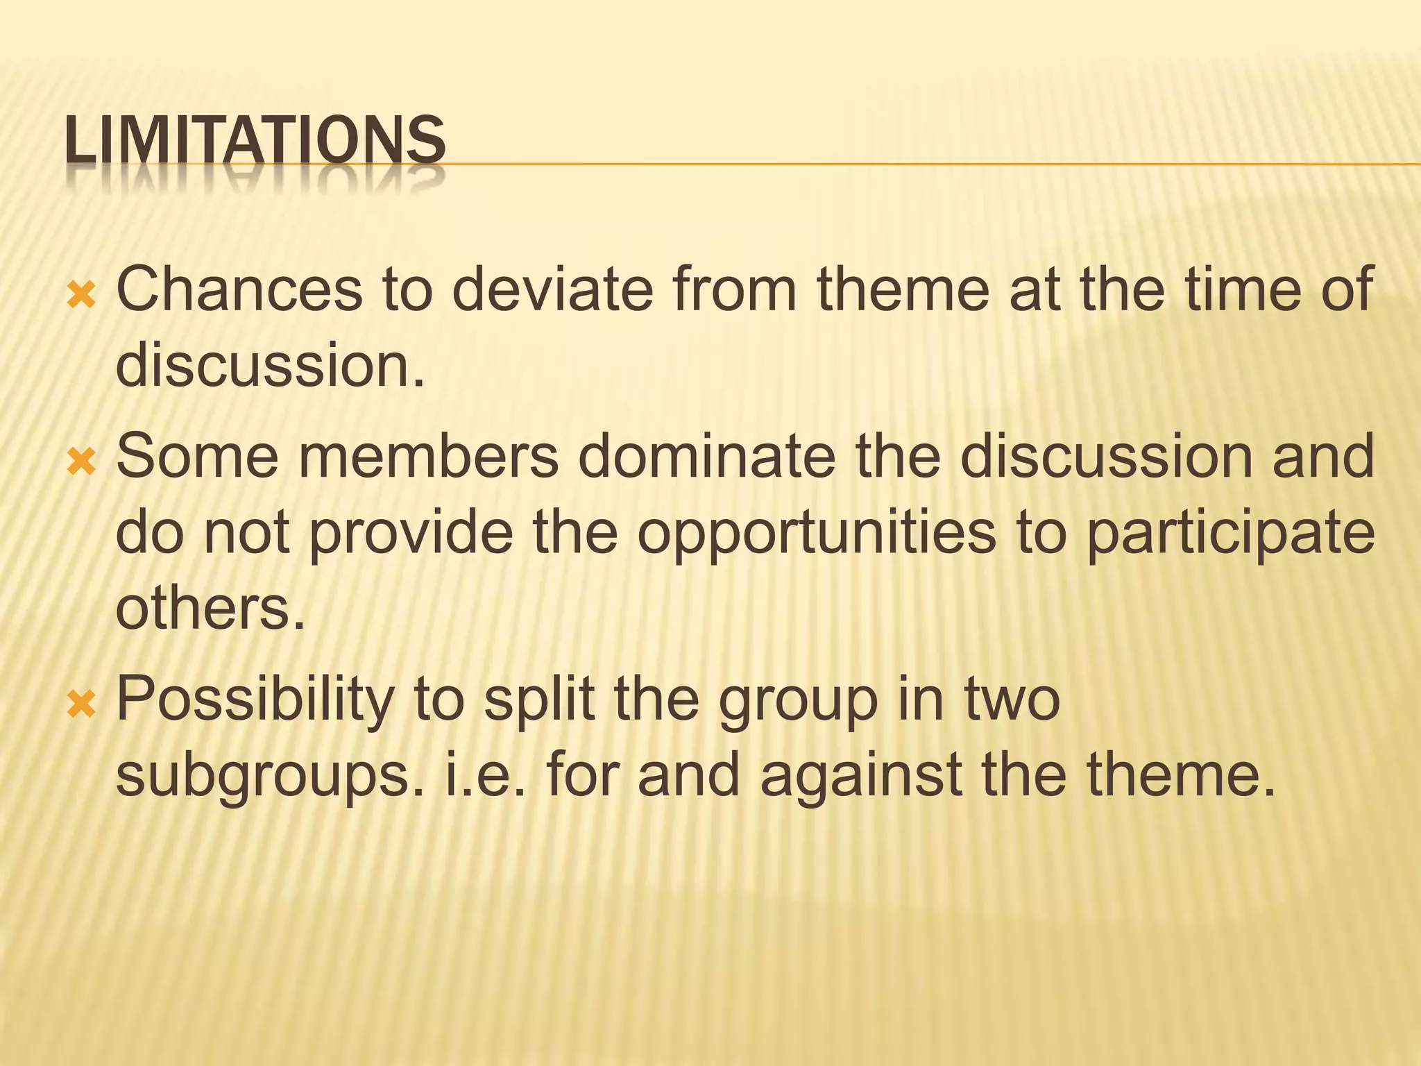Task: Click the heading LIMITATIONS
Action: click(x=255, y=142)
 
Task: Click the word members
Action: click(x=429, y=456)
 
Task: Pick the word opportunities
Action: click(x=816, y=534)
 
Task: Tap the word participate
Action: click(x=1229, y=534)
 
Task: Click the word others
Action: click(x=210, y=609)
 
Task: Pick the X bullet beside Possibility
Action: click(x=81, y=706)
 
